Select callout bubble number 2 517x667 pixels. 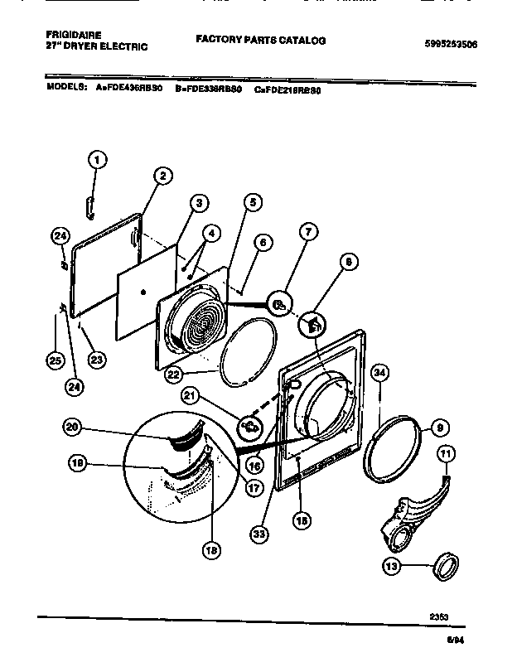(x=162, y=175)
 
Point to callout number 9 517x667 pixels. (x=440, y=428)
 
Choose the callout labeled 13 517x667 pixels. (x=390, y=567)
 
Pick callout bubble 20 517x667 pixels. (x=74, y=427)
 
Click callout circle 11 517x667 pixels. (x=446, y=453)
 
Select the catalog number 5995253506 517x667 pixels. (x=449, y=43)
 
